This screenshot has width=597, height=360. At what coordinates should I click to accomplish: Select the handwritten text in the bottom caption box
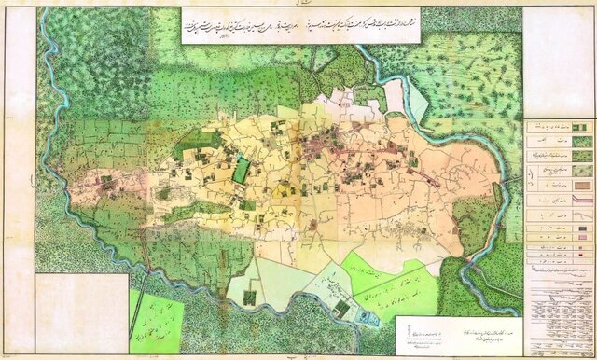(438, 332)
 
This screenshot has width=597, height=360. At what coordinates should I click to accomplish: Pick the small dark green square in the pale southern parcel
(250, 297)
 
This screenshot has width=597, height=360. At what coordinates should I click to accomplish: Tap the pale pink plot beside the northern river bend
(393, 93)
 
